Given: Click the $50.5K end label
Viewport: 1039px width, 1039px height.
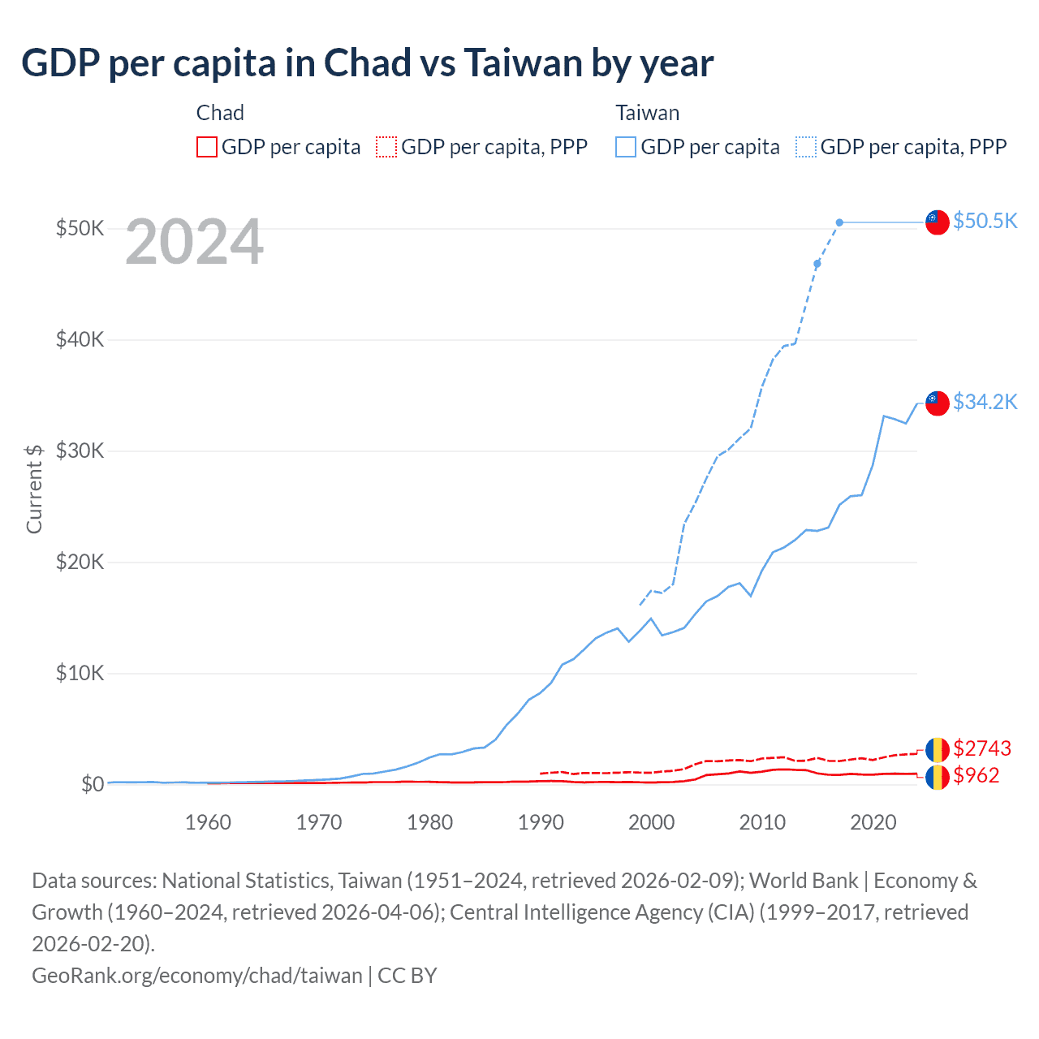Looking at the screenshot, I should tap(985, 221).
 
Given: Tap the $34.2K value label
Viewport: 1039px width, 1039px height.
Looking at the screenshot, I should tap(985, 402).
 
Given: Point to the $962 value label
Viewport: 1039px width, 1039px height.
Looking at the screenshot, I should tap(976, 775).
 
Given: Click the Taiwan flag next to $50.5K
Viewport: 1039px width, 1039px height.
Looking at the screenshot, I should tap(938, 222).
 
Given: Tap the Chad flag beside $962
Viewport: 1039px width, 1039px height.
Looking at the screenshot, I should tap(938, 777).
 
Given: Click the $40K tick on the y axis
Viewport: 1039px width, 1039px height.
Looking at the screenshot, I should tap(80, 339).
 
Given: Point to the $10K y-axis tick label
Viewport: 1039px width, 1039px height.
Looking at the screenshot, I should tap(80, 673).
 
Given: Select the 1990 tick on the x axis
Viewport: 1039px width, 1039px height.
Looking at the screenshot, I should tap(541, 822).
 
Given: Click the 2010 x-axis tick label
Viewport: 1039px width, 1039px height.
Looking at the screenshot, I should tap(762, 822).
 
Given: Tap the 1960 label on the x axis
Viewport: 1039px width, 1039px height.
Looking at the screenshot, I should tap(208, 822).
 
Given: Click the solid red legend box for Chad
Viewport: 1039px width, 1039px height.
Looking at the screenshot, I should tap(207, 147).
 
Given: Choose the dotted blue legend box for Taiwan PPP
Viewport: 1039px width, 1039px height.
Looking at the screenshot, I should tap(806, 147).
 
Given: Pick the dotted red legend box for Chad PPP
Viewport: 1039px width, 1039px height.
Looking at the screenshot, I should tap(386, 147).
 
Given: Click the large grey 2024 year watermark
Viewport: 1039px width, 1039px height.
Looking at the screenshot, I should tap(194, 241).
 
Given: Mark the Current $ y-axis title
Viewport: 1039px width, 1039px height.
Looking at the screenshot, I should tap(34, 489).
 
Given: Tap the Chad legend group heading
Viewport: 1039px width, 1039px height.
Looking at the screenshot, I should tap(220, 113).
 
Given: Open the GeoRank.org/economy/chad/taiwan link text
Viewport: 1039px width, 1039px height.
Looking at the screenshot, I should tap(197, 975).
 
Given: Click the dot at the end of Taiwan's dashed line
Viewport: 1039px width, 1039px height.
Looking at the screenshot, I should tap(839, 222).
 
